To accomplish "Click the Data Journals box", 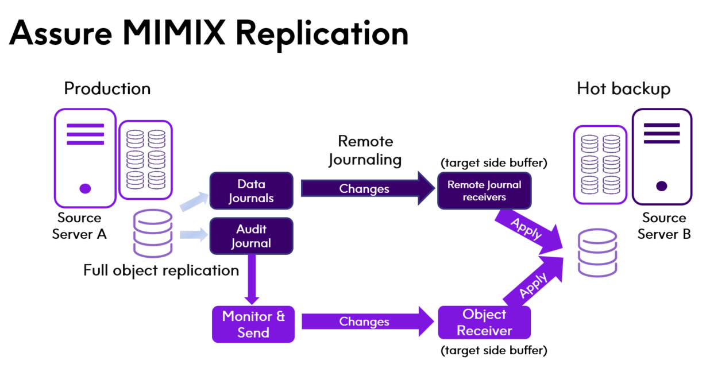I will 251,191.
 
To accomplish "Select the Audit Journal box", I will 251,236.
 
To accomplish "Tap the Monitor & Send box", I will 253,324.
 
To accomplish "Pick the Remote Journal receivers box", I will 484,191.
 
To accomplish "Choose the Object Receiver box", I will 484,323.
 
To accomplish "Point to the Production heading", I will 107,89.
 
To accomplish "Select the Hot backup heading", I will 623,89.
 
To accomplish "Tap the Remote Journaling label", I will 365,150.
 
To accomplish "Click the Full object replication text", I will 161,270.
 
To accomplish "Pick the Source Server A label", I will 79,226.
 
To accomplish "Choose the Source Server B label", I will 664,226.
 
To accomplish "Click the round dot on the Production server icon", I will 85,188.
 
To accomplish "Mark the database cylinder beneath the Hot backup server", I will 596,253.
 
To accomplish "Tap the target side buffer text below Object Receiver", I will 493,350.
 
